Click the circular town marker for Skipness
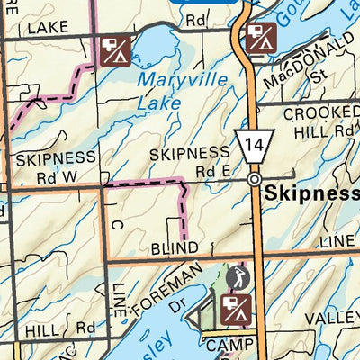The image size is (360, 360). [255, 180]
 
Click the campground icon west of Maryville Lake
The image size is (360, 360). [115, 51]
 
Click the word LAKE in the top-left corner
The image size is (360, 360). [48, 29]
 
